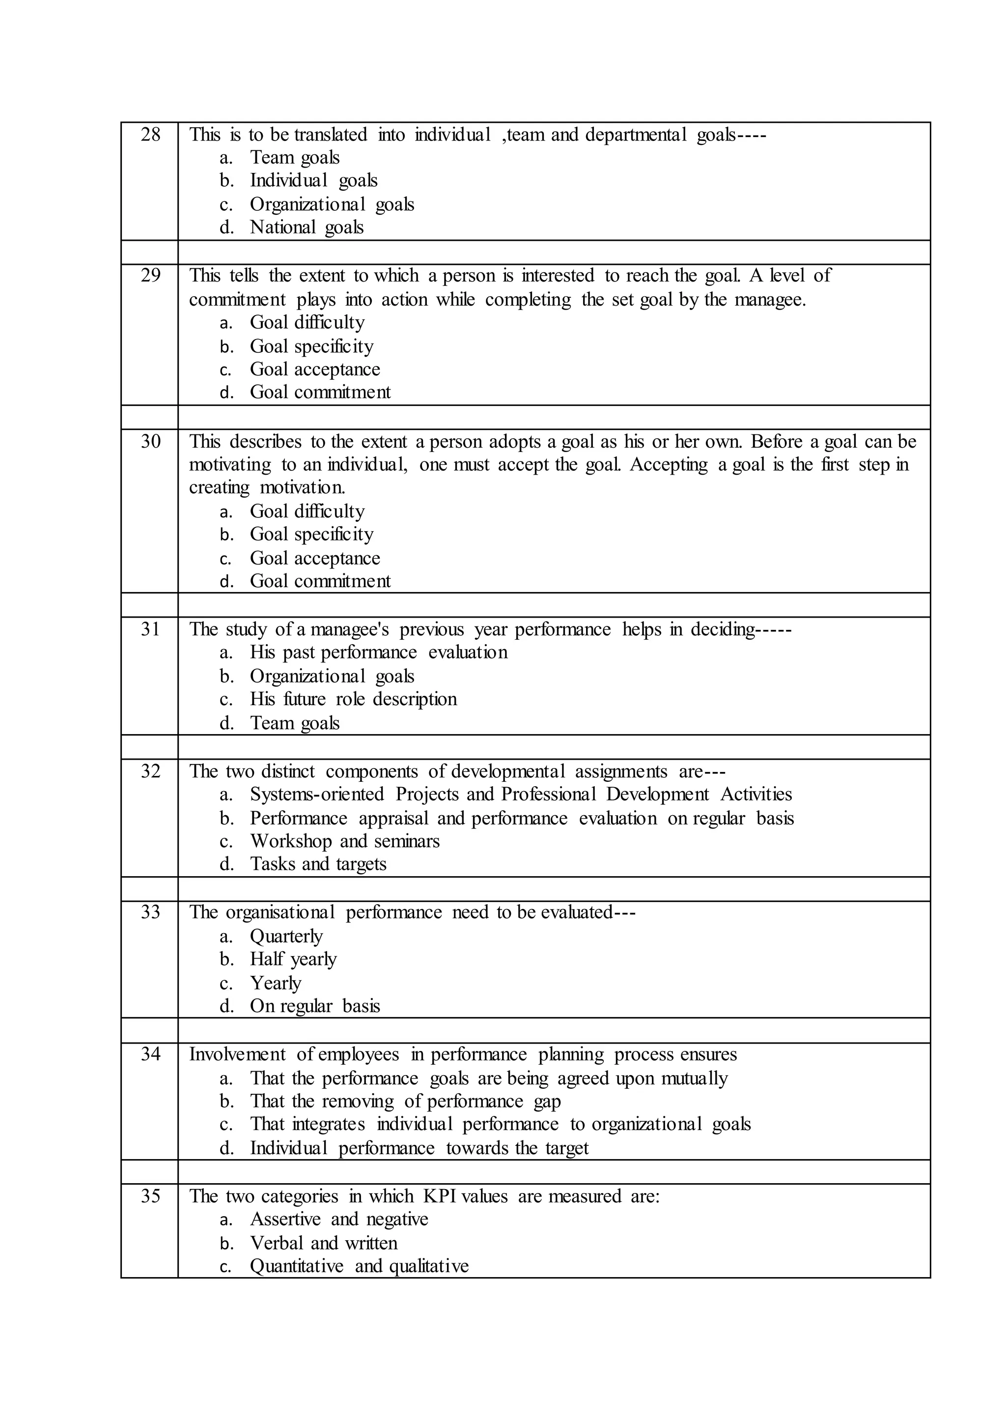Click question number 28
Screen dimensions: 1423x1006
[x=150, y=135]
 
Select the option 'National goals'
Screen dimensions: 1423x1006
[x=306, y=228]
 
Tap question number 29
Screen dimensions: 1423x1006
[x=150, y=276]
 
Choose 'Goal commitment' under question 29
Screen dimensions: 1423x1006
[x=320, y=392]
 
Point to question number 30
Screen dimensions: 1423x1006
[x=150, y=442]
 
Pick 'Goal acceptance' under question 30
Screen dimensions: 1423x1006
[x=315, y=558]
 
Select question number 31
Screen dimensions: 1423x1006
[x=150, y=630]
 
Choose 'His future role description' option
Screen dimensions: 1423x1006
[x=353, y=699]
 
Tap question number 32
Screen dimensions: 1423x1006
[x=150, y=771]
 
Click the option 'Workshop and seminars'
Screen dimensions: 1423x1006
[x=344, y=842]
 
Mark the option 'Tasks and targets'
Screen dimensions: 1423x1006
[x=318, y=864]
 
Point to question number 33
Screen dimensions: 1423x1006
[x=150, y=912]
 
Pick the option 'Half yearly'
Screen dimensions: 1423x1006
[x=293, y=960]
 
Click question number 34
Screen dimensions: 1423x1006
[x=150, y=1054]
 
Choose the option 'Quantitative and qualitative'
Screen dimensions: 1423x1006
[x=359, y=1266]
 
